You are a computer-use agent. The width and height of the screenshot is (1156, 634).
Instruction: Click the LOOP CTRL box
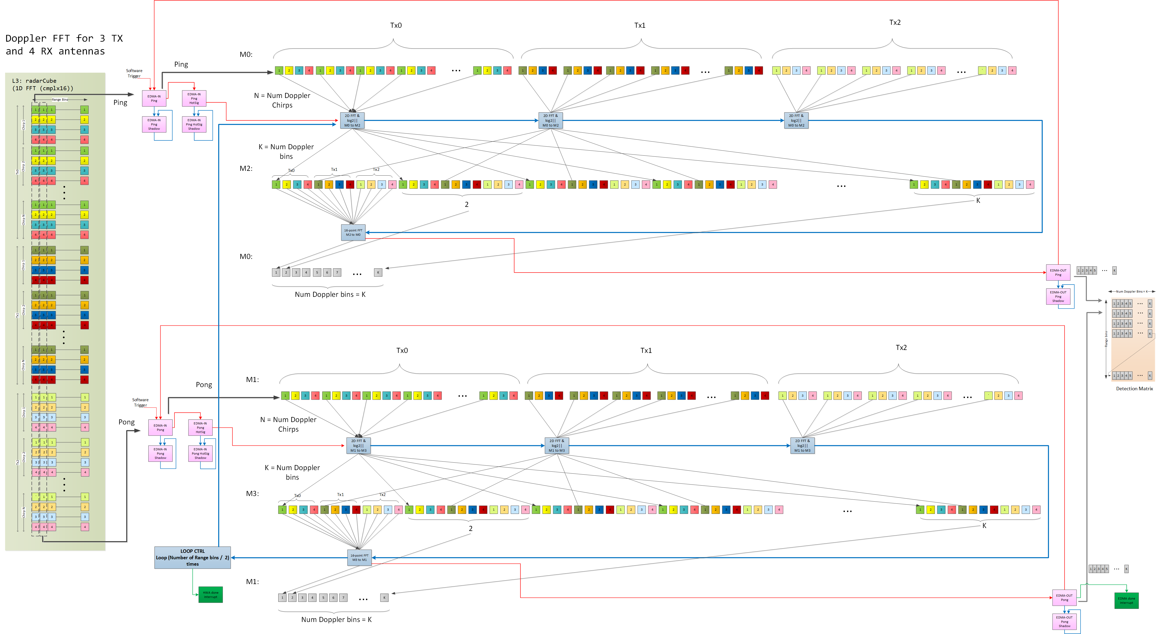[193, 557]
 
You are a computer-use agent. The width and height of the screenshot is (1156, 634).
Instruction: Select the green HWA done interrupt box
[210, 594]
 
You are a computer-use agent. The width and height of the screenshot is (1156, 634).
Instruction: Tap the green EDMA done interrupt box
[1126, 600]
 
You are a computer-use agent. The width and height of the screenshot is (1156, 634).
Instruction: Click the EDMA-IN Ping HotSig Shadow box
[194, 124]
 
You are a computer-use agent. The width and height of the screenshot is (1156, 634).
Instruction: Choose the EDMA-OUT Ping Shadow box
[1058, 296]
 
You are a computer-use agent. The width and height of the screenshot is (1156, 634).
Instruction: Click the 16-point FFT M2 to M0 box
[353, 233]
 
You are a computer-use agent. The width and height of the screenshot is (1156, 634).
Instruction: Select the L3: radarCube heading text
[34, 81]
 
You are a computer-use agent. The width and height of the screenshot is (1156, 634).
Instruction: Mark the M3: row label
[252, 494]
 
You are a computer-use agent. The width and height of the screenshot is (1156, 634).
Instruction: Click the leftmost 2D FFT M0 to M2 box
[352, 120]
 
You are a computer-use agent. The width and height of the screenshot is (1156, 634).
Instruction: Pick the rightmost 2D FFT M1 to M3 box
[803, 446]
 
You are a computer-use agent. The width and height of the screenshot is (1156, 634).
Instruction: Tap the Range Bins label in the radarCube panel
[60, 100]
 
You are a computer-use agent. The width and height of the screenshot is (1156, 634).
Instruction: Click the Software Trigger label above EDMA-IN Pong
[140, 402]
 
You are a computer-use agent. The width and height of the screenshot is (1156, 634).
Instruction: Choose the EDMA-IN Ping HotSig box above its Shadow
[194, 98]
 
